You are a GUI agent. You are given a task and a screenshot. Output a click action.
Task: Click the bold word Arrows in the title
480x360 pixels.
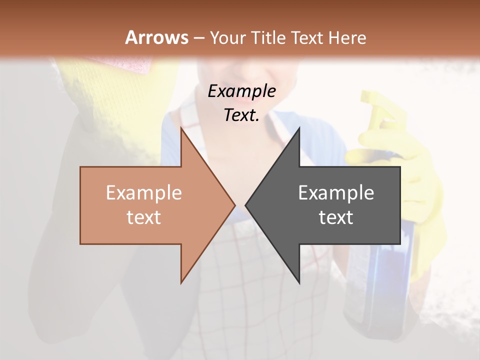156,37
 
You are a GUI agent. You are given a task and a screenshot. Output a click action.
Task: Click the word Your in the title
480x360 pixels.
228,37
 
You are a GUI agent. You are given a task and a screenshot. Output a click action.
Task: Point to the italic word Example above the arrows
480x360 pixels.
241,91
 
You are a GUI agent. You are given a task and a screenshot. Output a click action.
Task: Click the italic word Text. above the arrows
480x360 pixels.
241,115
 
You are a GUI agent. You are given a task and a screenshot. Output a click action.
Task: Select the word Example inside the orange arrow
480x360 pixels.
143,192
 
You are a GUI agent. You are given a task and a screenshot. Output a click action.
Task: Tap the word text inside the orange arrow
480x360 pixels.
143,217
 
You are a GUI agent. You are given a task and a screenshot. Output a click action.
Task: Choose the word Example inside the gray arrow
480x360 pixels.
336,192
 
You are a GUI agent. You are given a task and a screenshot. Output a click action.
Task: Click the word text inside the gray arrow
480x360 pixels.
336,217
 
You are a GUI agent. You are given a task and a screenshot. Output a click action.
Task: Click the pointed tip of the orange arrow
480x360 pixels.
234,205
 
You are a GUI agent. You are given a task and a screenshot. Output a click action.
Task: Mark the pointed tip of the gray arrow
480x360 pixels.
246,205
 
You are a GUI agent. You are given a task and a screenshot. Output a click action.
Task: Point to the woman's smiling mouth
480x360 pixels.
235,75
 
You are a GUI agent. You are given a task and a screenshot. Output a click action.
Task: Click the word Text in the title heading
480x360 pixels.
306,37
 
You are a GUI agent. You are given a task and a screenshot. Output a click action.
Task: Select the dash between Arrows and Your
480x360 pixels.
198,38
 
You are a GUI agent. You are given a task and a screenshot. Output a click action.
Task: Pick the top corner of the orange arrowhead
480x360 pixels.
181,127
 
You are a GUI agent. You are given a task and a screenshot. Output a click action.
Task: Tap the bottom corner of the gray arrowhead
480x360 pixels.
299,283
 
